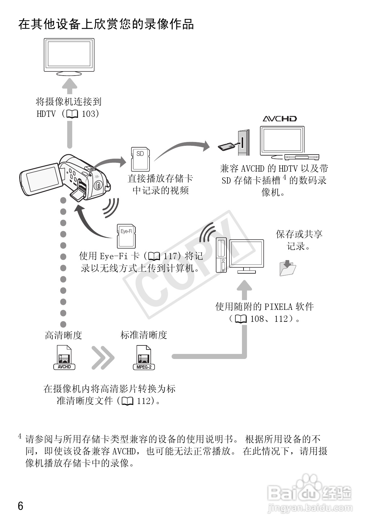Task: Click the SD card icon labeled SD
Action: pos(140,159)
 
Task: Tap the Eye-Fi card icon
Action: pos(126,236)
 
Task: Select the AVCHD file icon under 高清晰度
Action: pos(64,357)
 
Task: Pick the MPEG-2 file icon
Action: pos(144,357)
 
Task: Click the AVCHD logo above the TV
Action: pos(280,119)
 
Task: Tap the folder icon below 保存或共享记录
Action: pos(288,268)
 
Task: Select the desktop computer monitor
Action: pos(246,255)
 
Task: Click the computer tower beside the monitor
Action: pos(222,255)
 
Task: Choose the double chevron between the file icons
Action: pos(103,358)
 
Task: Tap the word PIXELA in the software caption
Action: pos(279,307)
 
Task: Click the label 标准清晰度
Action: pos(144,335)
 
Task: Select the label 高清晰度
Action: pos(63,335)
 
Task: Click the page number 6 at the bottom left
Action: pos(21,506)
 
